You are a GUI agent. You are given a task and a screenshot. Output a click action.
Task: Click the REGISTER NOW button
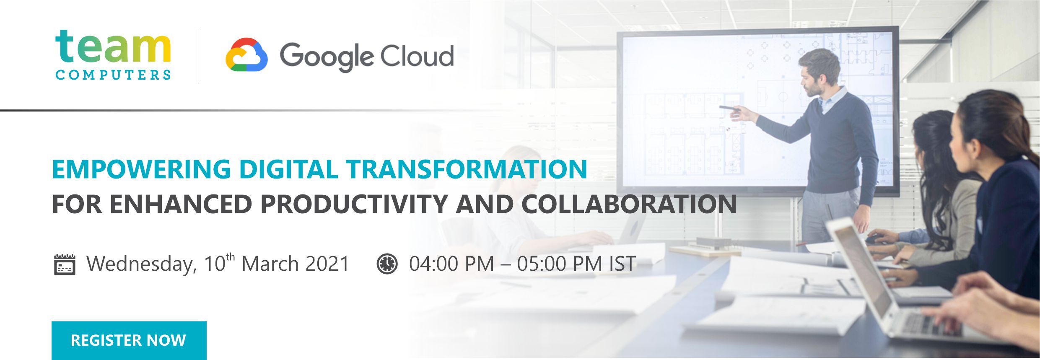(x=129, y=340)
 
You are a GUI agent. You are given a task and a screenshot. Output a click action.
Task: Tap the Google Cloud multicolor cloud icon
(x=246, y=55)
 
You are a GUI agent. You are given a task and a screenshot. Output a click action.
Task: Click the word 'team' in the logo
(x=113, y=46)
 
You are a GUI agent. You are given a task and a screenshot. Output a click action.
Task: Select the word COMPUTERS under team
(x=113, y=75)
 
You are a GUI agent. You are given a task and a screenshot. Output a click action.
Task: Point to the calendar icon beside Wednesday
(x=65, y=264)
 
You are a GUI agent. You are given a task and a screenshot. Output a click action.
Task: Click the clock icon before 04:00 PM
(x=387, y=264)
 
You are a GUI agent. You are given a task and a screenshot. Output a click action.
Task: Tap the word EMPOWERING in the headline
(x=141, y=169)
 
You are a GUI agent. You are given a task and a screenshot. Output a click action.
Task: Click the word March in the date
(x=270, y=264)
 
